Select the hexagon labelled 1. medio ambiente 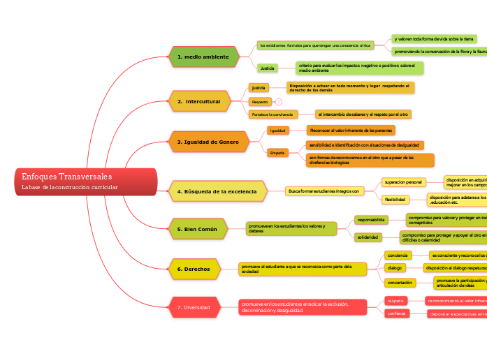[x=203, y=57]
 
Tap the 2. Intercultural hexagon [x=199, y=101]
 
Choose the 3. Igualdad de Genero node [x=208, y=142]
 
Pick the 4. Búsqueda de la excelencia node [x=217, y=191]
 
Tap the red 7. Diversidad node [x=198, y=306]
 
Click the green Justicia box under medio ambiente [x=267, y=68]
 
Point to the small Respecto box [x=259, y=102]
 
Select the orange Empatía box [x=278, y=153]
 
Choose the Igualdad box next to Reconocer [x=278, y=131]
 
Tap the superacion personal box [x=403, y=182]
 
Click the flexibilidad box [x=395, y=200]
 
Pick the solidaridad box [x=368, y=237]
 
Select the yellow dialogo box [x=395, y=267]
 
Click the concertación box [x=400, y=283]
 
